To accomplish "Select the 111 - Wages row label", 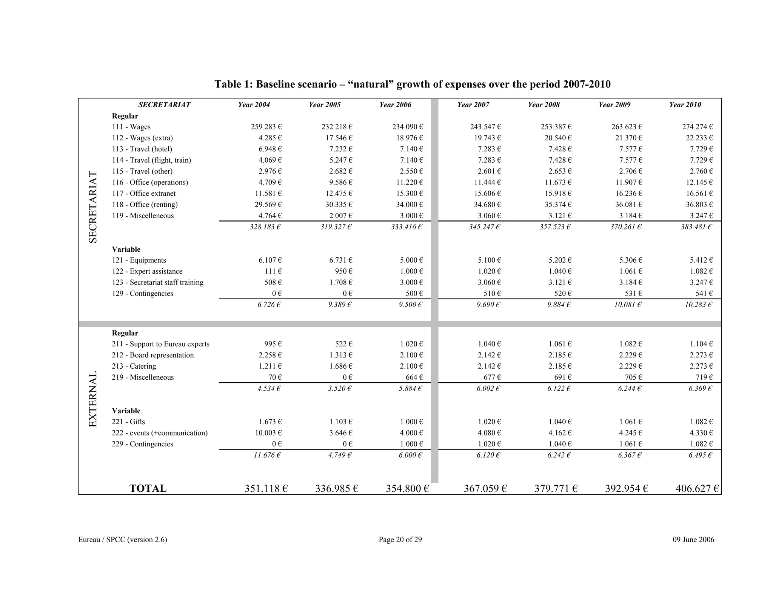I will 131,127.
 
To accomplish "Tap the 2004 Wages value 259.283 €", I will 266,127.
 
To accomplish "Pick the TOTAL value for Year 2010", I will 697,489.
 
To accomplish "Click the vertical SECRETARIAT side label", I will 93,207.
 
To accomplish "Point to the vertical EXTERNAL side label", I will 93,399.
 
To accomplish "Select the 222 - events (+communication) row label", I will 159,433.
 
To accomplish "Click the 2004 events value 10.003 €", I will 268,433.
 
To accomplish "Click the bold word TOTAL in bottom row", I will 148,489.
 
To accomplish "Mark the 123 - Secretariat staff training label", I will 157,283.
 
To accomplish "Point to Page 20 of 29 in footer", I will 400,540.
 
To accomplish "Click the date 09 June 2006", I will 693,540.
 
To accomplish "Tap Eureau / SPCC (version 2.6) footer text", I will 122,540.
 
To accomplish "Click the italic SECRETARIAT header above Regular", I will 164,105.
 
